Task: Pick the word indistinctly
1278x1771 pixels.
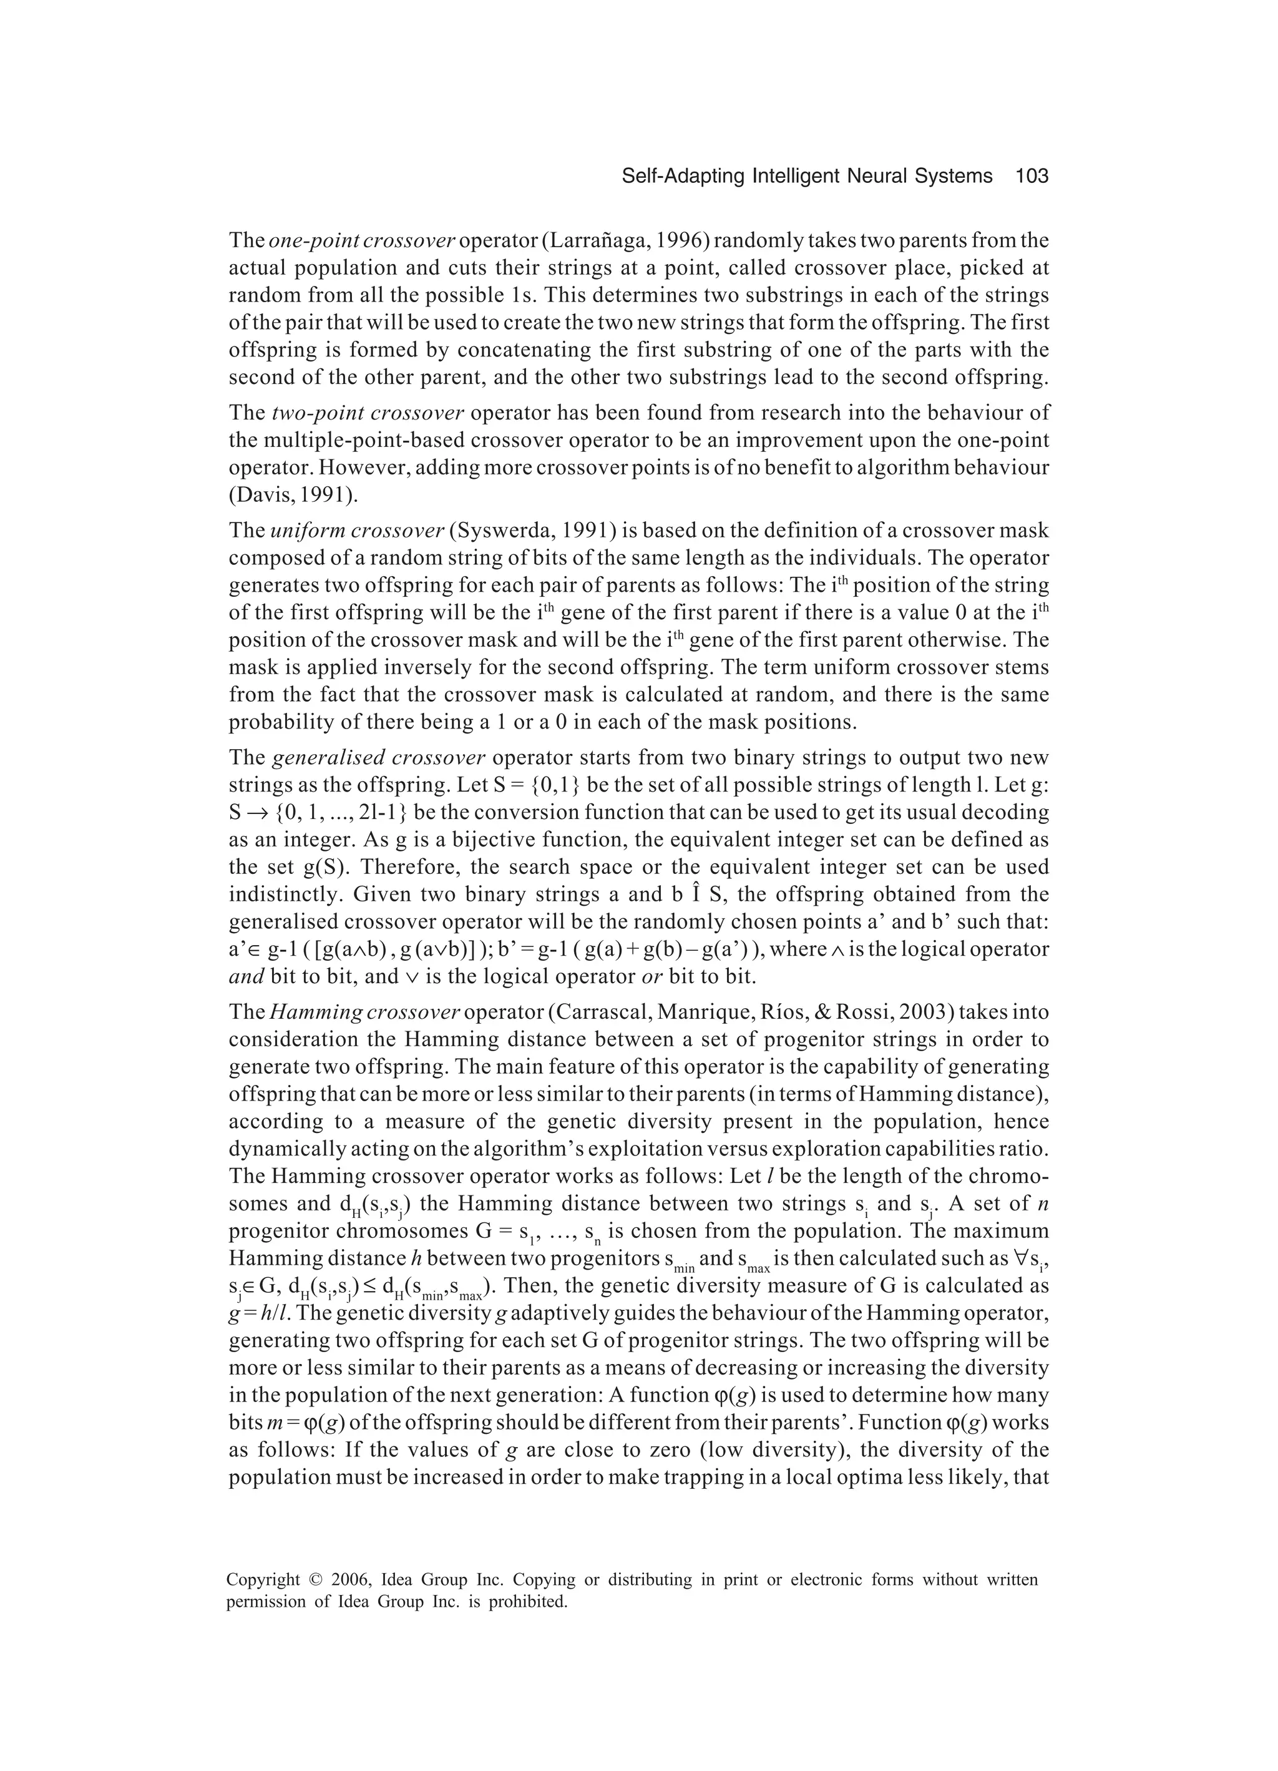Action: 274,895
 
